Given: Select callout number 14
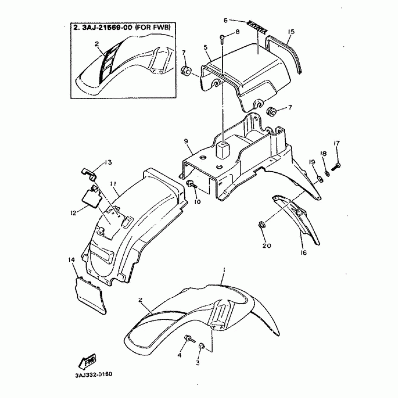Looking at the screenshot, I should (71, 260).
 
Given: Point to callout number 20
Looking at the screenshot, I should (265, 246).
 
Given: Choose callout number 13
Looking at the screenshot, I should (108, 162).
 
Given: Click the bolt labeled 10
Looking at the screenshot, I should (192, 185).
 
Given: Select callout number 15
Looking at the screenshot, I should (291, 31).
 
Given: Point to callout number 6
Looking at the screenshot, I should (225, 20).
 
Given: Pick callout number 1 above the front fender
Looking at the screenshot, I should (224, 269).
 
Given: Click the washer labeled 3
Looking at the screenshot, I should (202, 346).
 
